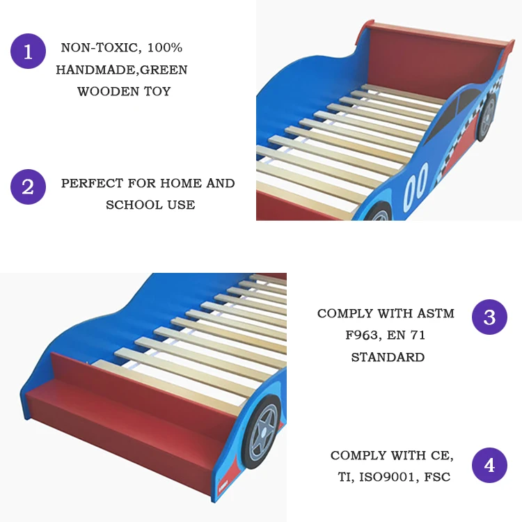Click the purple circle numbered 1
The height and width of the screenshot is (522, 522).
pyautogui.click(x=28, y=52)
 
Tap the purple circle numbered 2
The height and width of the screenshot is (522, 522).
pyautogui.click(x=28, y=187)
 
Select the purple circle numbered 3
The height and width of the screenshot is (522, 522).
pyautogui.click(x=489, y=317)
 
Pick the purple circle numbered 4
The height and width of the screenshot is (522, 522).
pyautogui.click(x=489, y=465)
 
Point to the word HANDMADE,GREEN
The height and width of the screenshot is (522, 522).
pyautogui.click(x=122, y=70)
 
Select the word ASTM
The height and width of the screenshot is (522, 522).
pyautogui.click(x=437, y=314)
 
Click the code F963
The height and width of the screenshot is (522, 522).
pyautogui.click(x=364, y=335)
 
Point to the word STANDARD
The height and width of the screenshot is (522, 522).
pyautogui.click(x=388, y=358)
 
